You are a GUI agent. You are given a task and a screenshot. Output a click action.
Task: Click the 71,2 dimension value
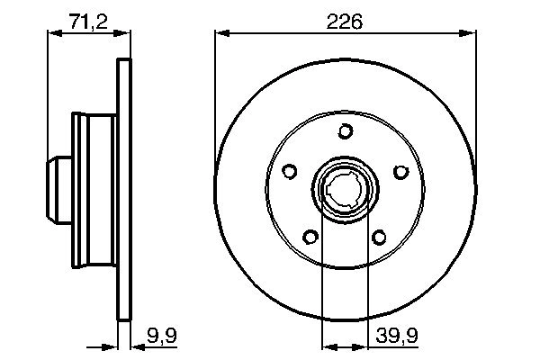[88, 21]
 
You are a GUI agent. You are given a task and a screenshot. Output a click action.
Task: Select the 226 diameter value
[346, 21]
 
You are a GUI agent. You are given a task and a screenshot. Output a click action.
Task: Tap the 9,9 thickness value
[159, 338]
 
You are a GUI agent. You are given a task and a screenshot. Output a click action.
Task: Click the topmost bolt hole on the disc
[345, 132]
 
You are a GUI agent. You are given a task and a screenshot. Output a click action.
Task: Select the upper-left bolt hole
[290, 171]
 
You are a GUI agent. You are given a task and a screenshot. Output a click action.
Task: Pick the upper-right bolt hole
[400, 171]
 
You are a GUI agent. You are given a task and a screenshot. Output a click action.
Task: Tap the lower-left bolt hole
[310, 237]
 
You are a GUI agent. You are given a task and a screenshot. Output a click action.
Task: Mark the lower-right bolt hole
[379, 237]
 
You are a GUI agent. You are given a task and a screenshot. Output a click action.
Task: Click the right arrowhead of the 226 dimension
[470, 33]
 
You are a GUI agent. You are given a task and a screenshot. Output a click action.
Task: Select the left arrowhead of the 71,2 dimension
[50, 33]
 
